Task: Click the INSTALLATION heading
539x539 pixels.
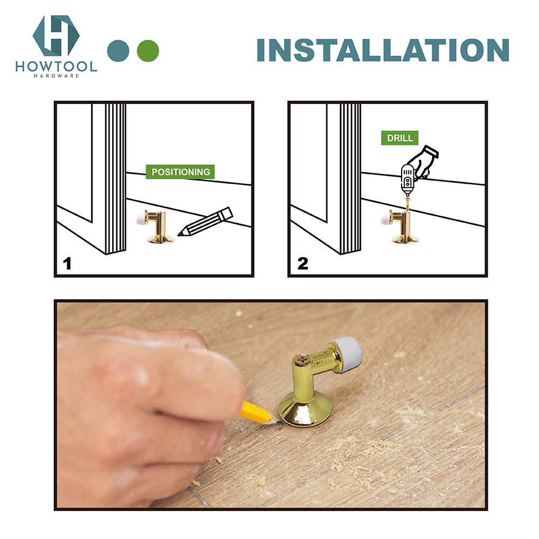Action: (383, 50)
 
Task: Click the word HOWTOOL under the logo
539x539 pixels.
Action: (56, 67)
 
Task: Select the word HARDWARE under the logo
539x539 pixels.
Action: (56, 76)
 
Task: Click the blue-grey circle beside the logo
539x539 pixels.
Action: (119, 50)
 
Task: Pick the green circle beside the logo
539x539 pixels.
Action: (148, 50)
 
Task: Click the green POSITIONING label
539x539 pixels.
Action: (181, 172)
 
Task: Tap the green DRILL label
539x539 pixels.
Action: (400, 138)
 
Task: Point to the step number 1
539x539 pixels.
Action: (67, 264)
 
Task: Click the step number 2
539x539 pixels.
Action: (302, 264)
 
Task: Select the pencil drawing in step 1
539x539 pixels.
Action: (206, 222)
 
